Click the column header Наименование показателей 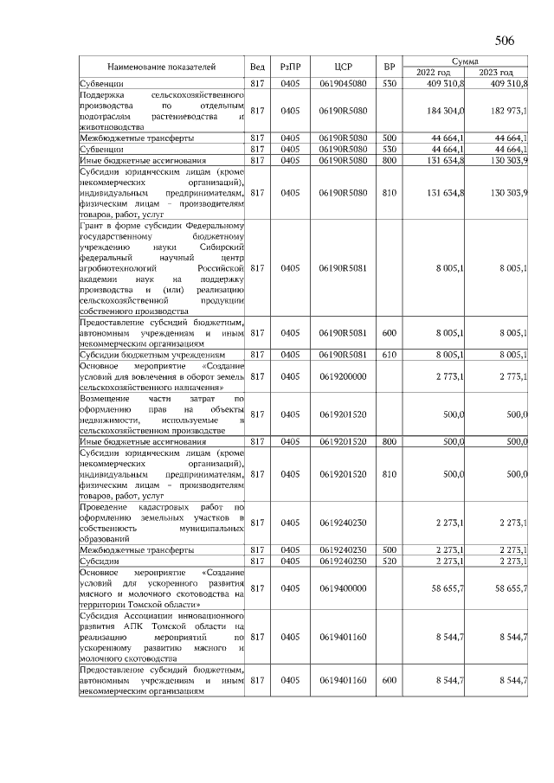pos(161,67)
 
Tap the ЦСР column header pos(342,67)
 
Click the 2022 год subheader pos(434,73)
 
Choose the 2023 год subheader pos(496,73)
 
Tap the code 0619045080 pos(342,84)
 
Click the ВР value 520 pos(390,561)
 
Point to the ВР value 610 pos(390,355)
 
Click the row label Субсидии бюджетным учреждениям pos(152,355)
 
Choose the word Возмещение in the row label pos(102,399)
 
